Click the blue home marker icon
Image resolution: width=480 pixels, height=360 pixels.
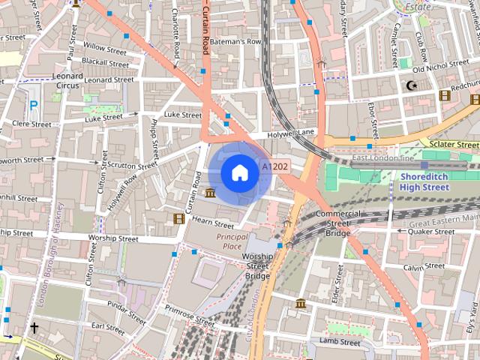coord(239,173)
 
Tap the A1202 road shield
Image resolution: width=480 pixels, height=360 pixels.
coord(274,166)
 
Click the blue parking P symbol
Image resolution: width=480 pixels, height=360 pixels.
coord(33,106)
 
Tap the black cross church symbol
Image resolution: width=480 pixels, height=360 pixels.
coord(34,328)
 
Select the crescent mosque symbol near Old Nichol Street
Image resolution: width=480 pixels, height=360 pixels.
coord(410,85)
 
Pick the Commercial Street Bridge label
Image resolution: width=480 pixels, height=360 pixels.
coord(337,223)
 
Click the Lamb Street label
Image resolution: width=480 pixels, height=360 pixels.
coord(340,342)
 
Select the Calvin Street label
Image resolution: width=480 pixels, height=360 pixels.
coord(424,267)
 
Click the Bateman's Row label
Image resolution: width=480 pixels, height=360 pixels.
coord(235,42)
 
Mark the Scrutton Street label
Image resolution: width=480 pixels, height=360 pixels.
coord(132,164)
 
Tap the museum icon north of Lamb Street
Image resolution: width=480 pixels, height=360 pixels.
coord(301,304)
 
